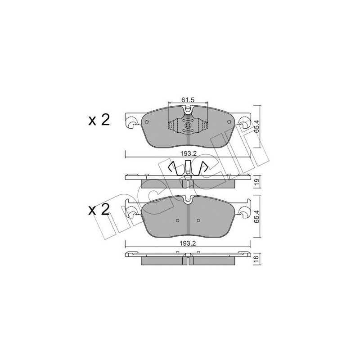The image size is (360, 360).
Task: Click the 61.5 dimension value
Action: (188, 100)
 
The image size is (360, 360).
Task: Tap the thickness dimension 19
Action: (257, 182)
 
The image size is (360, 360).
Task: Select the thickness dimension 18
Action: (257, 259)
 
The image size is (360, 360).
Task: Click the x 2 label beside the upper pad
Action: (99, 120)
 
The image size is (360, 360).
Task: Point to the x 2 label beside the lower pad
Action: (99, 210)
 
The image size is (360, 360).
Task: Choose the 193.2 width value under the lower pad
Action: (188, 243)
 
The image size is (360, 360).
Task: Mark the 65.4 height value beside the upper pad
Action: (257, 126)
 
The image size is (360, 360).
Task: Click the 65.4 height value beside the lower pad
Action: (257, 216)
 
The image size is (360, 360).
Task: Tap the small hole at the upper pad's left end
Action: (147, 122)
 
